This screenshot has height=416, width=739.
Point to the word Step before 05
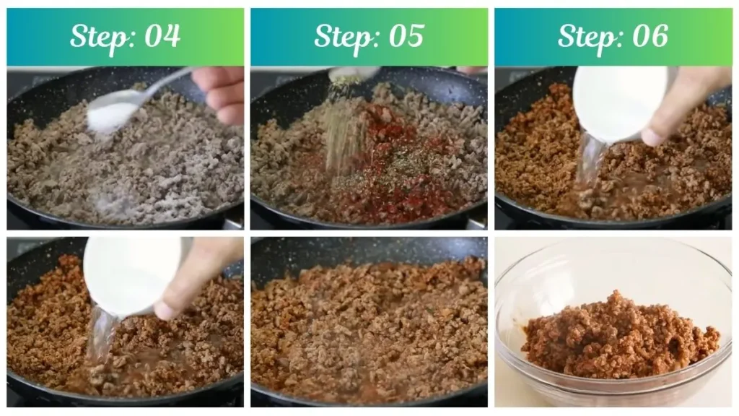[341, 36]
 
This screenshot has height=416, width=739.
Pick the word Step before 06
[585, 36]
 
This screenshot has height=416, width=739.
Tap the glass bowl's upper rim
[613, 249]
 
